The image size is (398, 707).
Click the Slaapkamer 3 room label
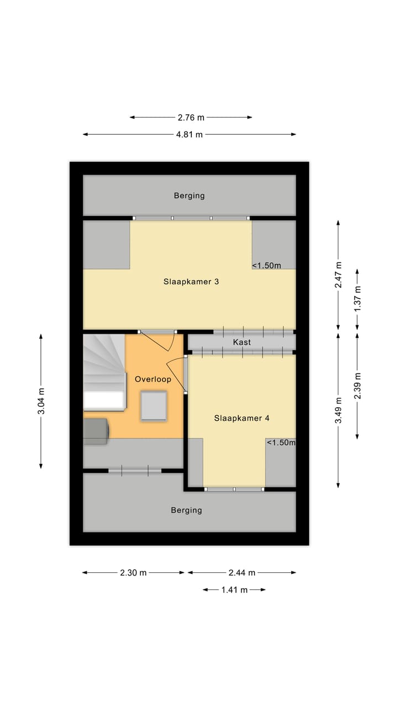pos(191,282)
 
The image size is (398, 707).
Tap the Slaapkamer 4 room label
pos(242,418)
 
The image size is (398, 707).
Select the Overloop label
pos(153,379)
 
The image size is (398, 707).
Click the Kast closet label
pos(242,342)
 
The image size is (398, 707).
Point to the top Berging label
pos(189,196)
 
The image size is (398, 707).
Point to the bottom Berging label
pos(186,510)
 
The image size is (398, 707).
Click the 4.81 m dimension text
pos(190,134)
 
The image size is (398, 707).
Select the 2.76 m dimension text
pos(191,117)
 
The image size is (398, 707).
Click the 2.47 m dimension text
pos(339,274)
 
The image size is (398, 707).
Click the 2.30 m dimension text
pos(133,573)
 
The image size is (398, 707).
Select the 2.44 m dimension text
pos(242,573)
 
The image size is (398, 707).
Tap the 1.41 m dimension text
pos(234,590)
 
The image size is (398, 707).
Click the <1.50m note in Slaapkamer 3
pos(266,266)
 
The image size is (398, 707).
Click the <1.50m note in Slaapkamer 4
pos(281,442)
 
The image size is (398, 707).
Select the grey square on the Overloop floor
pos(154,406)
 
